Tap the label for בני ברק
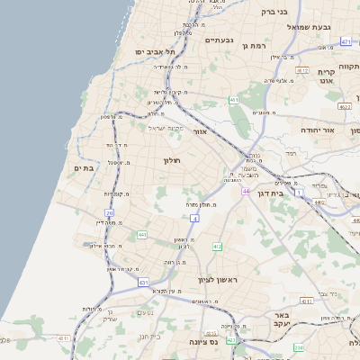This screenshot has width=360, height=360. [274, 12]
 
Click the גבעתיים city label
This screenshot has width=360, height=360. [220, 40]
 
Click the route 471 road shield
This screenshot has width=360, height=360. [346, 41]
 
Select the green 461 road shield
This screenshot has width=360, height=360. [233, 100]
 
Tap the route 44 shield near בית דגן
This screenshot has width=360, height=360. [245, 191]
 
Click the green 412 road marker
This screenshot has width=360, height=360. [217, 246]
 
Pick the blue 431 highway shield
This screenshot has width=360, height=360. [144, 282]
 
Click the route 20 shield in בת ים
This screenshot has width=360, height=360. [109, 213]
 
